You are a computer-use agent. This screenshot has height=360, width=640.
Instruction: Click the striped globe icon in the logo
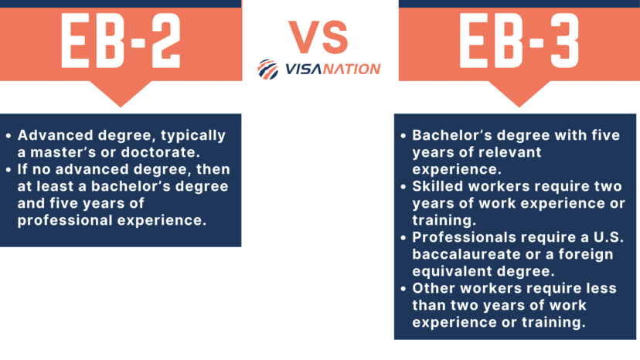[267, 69]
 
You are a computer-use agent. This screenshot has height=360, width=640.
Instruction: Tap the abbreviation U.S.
[599, 236]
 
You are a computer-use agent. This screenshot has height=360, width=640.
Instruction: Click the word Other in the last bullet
[434, 287]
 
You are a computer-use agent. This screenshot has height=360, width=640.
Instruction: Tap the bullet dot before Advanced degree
[10, 136]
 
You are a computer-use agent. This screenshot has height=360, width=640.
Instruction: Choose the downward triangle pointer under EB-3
[519, 96]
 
